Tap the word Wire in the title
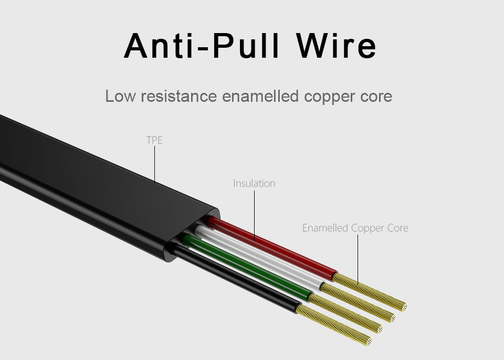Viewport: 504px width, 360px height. point(336,46)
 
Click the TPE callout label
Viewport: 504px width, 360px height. point(154,141)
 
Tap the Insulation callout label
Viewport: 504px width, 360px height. point(254,184)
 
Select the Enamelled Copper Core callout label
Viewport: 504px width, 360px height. point(355,228)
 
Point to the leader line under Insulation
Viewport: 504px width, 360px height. point(254,215)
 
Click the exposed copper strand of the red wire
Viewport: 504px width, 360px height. point(370,291)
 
